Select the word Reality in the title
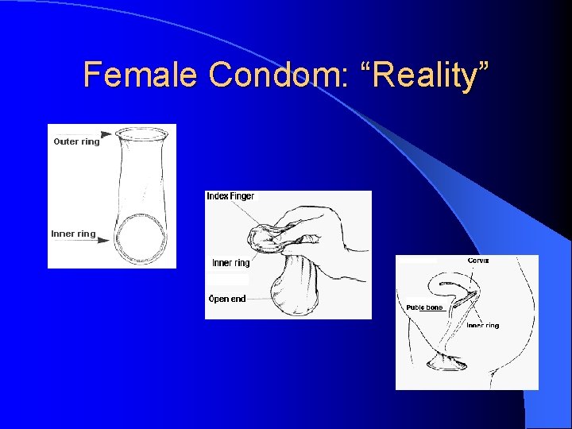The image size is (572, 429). click(423, 75)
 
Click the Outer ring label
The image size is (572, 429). click(77, 142)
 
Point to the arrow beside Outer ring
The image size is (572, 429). click(107, 137)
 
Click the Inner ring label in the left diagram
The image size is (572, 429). click(73, 234)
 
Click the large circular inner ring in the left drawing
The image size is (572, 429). click(142, 238)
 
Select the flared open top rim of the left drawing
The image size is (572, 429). click(144, 131)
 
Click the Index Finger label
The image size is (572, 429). click(230, 196)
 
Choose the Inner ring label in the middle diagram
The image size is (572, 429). click(230, 263)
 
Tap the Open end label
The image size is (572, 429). click(227, 299)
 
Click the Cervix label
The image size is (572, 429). click(478, 261)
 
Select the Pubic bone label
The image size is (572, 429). click(424, 307)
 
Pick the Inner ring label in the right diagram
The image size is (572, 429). click(483, 326)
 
